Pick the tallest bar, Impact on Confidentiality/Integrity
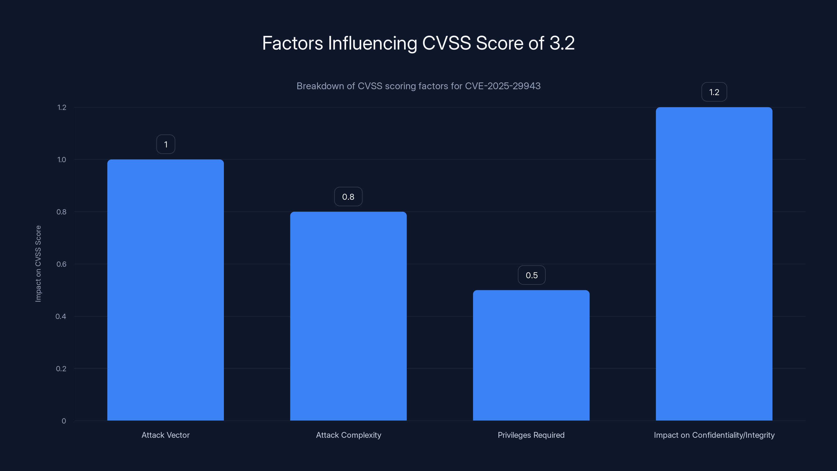714,263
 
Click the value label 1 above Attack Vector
166,144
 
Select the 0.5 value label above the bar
531,275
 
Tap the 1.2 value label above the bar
714,92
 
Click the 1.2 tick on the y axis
62,108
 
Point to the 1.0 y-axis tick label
62,160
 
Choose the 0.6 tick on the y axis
61,264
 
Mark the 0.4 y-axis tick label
61,317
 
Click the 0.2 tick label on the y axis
61,369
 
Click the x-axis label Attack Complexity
348,435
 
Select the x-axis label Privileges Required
531,435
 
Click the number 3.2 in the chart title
562,43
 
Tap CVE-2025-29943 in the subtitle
503,86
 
